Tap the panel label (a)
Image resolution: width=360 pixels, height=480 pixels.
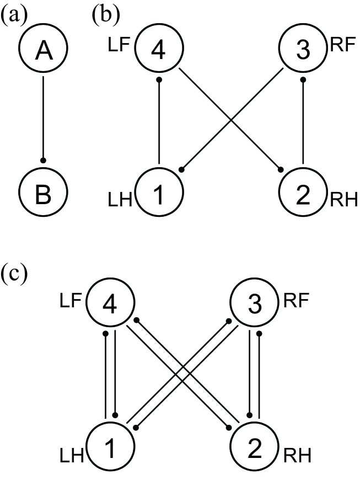click(13, 15)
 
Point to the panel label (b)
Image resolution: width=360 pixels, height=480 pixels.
click(105, 15)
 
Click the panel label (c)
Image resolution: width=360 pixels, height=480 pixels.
click(13, 274)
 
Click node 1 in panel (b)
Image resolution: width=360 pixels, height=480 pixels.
click(159, 195)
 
